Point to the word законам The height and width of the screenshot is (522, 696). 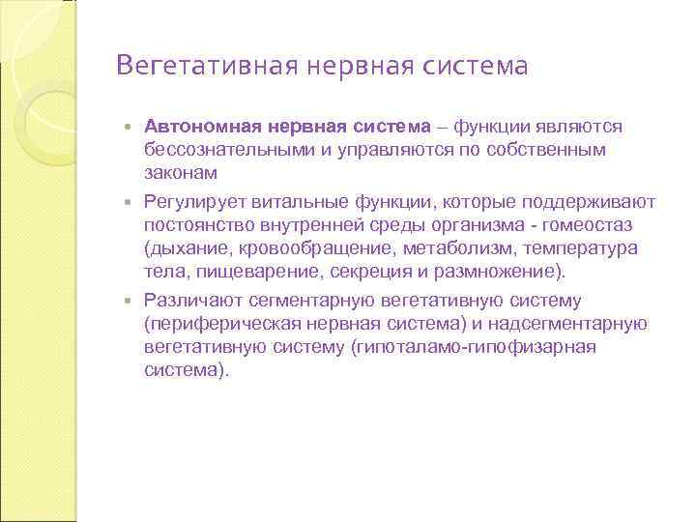tap(181, 173)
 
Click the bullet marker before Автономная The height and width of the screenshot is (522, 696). tap(131, 128)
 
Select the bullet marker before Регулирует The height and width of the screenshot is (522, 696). tap(131, 203)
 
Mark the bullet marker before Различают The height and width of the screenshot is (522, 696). tap(131, 302)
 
